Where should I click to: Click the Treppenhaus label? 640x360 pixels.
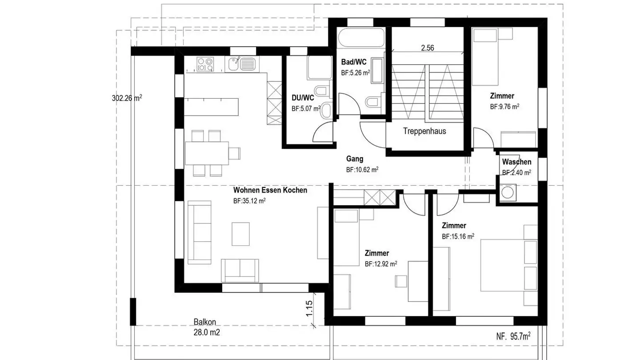coord(424,131)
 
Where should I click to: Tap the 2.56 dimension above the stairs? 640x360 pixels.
coord(427,48)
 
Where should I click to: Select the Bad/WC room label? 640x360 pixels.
coord(354,62)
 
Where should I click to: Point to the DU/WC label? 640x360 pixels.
coord(303,98)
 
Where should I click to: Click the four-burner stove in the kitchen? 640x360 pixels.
coord(205,64)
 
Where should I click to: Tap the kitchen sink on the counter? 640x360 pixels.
coord(242,64)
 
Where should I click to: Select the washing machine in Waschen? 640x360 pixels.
coord(506,192)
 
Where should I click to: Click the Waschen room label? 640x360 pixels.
coord(516,162)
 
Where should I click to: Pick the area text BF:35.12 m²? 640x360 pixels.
coord(249,201)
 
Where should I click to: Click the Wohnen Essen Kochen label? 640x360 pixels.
coord(270,190)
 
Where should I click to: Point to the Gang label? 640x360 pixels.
coord(355,159)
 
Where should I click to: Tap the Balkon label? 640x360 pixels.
coord(205,322)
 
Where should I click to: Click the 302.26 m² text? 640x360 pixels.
coord(127,98)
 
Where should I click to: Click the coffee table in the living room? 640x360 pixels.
coord(241,234)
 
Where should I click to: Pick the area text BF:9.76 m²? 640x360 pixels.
coord(504,107)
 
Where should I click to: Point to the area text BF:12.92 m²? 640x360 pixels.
coord(380,264)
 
